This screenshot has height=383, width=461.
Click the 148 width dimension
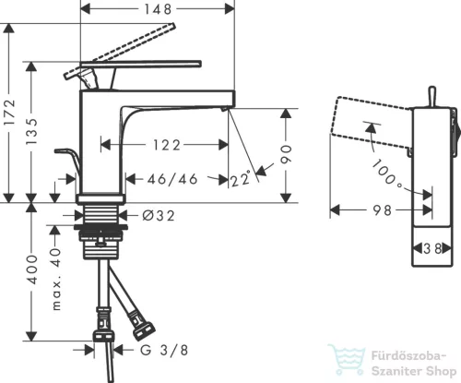[158, 9]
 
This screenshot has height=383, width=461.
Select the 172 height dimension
[11, 112]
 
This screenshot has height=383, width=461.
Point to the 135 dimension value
[31, 131]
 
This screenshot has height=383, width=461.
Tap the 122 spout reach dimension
[167, 145]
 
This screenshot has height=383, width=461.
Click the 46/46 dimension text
[172, 179]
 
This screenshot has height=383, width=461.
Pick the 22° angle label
[240, 179]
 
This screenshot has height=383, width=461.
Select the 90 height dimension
[286, 155]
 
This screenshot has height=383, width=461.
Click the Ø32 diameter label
[159, 216]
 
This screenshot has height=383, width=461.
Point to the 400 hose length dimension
[32, 269]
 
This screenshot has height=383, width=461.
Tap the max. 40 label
[56, 280]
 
